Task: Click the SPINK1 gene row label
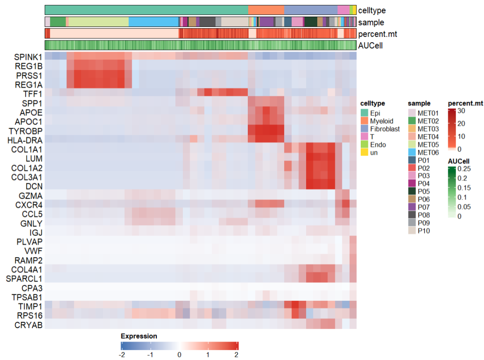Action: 28,57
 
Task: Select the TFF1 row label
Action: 33,94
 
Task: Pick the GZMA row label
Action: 31,196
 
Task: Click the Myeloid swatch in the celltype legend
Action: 365,121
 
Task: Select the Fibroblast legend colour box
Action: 365,129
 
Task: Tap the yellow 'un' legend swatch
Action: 365,152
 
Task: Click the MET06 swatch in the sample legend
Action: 412,152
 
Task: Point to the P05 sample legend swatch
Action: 412,191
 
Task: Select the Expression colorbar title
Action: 139,336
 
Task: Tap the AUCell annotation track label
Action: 370,45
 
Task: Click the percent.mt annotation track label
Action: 377,34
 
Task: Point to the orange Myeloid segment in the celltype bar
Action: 266,10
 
